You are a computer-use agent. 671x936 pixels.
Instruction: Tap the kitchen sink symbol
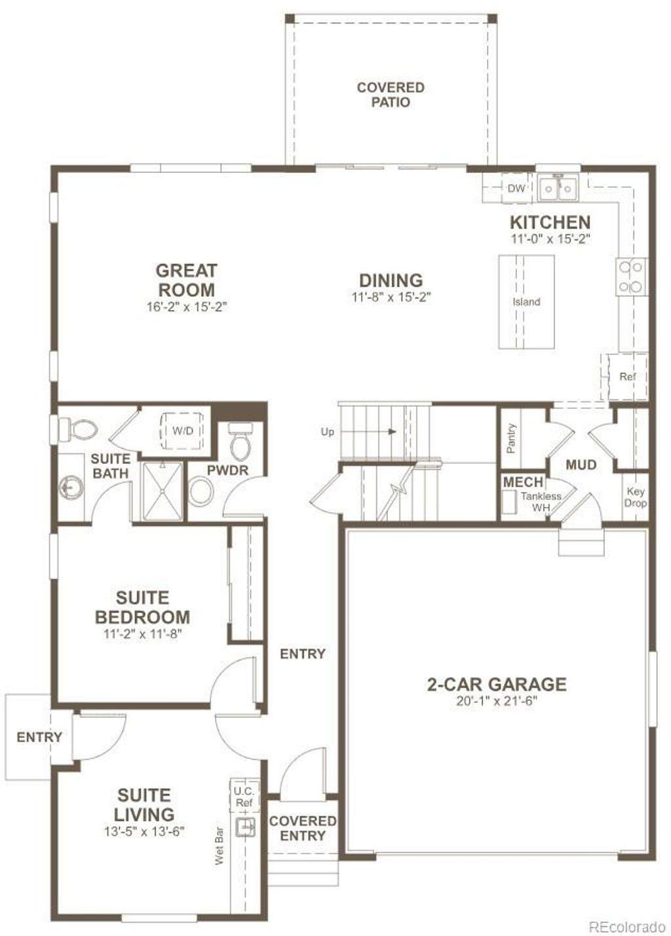click(558, 189)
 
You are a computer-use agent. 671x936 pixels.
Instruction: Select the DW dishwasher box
click(516, 189)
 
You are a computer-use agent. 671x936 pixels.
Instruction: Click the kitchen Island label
click(526, 302)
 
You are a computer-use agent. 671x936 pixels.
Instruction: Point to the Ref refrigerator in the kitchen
click(627, 377)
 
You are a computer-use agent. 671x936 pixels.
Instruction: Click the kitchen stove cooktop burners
click(631, 276)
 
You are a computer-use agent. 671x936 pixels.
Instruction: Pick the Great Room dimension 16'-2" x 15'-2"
click(186, 307)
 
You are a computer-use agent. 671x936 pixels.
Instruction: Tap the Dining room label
click(391, 280)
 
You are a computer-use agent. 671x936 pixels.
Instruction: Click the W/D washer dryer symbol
click(182, 430)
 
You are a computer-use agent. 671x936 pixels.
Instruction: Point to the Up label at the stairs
click(327, 432)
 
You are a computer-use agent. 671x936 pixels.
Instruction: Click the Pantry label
click(511, 438)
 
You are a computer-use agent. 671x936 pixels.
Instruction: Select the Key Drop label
click(635, 497)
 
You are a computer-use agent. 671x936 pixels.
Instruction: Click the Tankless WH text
click(541, 502)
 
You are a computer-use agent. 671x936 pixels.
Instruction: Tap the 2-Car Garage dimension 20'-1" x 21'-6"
click(497, 701)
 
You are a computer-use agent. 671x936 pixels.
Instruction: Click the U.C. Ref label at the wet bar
click(244, 796)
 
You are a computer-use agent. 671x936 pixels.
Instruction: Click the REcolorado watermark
click(626, 927)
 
